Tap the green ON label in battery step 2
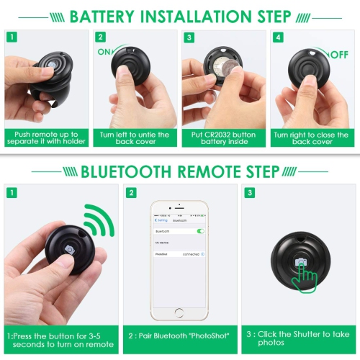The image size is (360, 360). coord(103,52)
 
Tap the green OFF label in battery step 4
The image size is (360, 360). coord(339,54)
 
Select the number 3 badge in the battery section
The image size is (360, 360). coord(190,37)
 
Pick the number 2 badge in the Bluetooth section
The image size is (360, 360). coord(131,193)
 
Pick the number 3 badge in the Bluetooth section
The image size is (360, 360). coord(249,193)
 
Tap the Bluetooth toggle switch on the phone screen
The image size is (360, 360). coord(200,231)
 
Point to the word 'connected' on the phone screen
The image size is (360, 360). coord(191,253)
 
